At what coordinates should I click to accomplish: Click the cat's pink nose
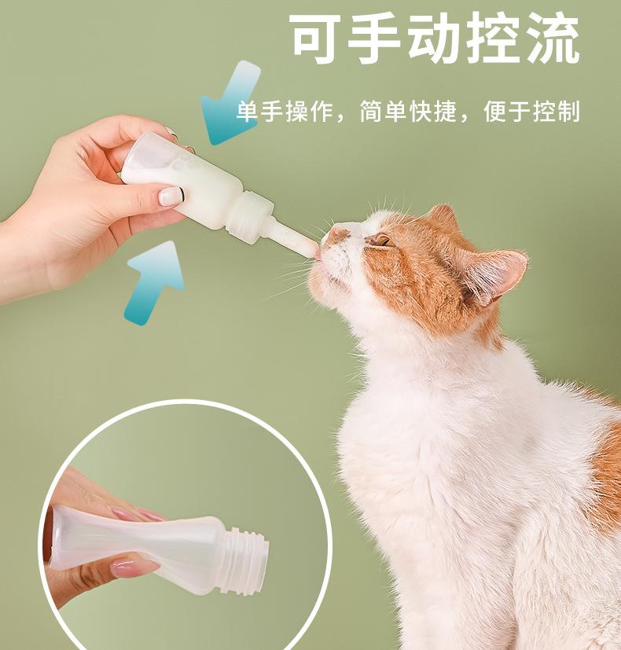pos(337,233)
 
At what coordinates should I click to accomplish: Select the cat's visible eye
pos(380,240)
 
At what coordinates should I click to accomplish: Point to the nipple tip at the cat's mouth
pos(310,247)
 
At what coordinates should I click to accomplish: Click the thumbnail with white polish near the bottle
pos(171,195)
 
